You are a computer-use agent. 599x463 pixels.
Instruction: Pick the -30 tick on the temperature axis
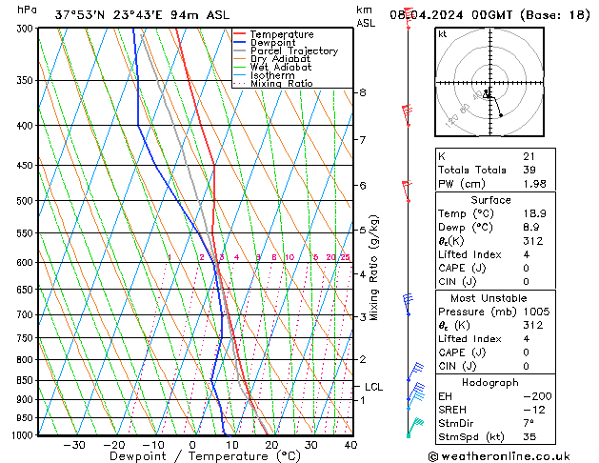coord(73,445)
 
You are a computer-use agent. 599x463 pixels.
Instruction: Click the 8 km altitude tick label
coord(363,92)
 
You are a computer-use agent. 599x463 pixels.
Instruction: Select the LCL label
coord(373,387)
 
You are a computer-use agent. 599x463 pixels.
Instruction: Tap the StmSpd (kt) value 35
coord(529,438)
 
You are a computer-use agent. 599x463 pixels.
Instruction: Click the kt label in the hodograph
coord(443,33)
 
